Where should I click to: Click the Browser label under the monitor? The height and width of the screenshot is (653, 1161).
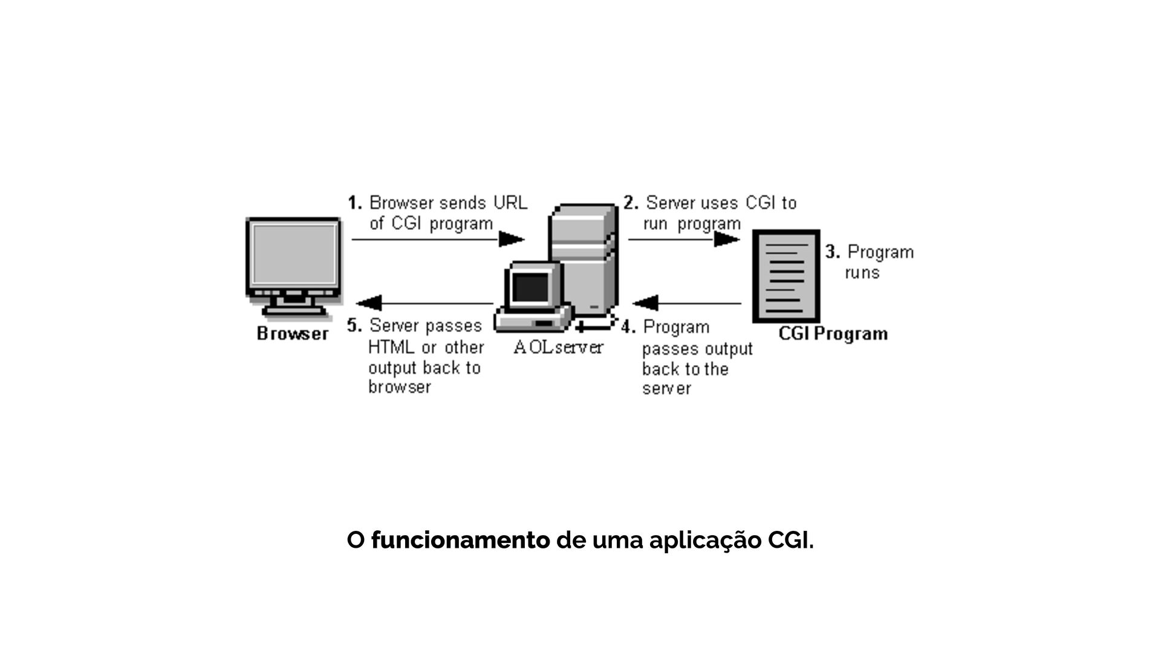[x=293, y=334]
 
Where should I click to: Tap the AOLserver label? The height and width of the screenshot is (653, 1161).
[x=558, y=348]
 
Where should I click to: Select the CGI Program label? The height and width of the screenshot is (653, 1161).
[x=833, y=334]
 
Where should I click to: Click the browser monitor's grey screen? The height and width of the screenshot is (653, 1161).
[x=294, y=255]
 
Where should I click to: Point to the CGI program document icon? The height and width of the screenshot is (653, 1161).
[x=786, y=276]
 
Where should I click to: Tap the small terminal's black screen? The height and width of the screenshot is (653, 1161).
[x=530, y=288]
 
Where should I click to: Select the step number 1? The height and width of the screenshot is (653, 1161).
[x=354, y=203]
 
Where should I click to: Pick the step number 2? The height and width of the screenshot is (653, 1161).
[x=631, y=203]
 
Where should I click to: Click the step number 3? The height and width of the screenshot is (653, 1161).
[x=833, y=252]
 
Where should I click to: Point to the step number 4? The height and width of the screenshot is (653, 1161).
[x=628, y=328]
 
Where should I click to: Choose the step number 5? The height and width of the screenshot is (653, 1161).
[x=354, y=326]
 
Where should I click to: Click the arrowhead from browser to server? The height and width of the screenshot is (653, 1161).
[x=512, y=239]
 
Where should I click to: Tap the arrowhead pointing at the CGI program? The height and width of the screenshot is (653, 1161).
[x=727, y=239]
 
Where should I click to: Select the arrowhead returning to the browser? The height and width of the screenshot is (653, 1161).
[x=369, y=303]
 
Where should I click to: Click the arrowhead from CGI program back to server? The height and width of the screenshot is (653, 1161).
[x=645, y=303]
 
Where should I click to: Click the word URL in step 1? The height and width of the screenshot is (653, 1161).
[x=510, y=203]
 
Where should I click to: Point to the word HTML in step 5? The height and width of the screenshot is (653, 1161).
[x=391, y=348]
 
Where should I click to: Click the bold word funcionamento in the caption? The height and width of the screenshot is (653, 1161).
[x=460, y=540]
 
